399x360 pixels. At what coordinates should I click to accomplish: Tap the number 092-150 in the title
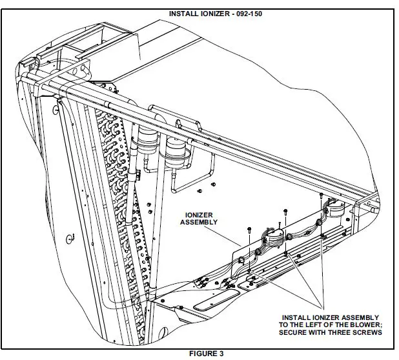click(249, 14)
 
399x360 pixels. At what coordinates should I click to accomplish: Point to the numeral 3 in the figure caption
click(221, 354)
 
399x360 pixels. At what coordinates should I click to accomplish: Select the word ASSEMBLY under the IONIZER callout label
click(199, 222)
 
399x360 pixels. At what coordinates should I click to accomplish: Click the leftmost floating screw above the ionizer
click(249, 230)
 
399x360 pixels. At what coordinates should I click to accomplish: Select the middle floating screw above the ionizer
click(285, 212)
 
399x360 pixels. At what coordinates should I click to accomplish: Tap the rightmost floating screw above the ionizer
click(321, 195)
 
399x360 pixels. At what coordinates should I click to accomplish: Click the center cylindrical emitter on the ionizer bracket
click(274, 236)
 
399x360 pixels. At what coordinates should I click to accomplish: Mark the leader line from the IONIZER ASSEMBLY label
click(223, 236)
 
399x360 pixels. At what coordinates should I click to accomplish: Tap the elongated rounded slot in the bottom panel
click(216, 301)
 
